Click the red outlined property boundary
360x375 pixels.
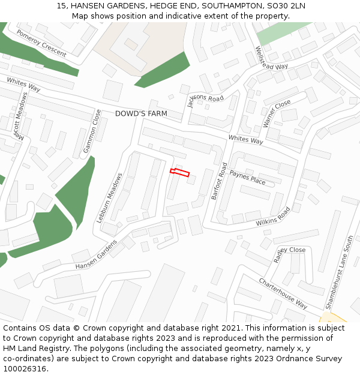(179, 173)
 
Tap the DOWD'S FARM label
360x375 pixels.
(141, 113)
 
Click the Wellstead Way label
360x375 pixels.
(272, 58)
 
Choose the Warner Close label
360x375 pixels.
(277, 114)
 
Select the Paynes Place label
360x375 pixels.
(247, 178)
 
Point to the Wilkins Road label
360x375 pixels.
(273, 217)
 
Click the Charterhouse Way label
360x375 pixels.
(283, 292)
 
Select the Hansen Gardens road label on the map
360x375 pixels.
(96, 254)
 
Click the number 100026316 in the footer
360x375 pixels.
(25, 368)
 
